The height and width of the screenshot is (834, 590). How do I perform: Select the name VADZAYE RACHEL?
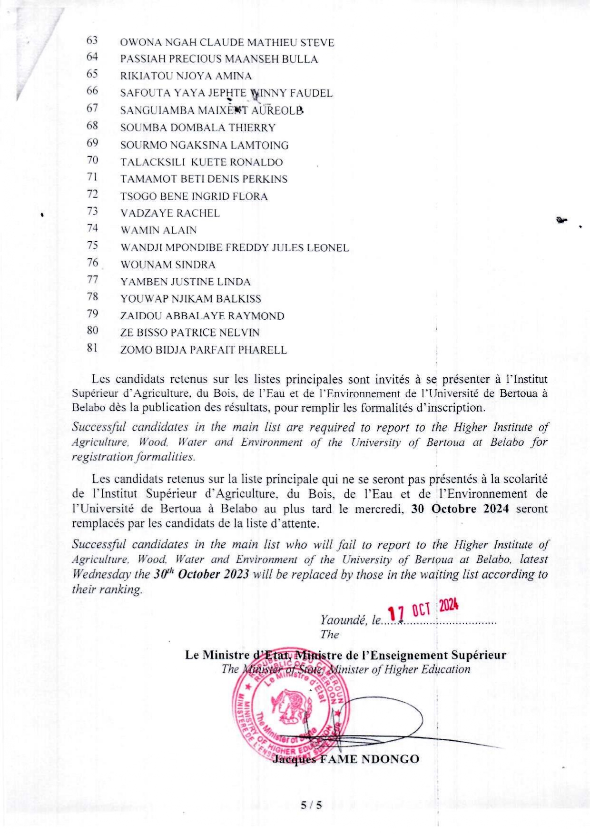[x=170, y=214]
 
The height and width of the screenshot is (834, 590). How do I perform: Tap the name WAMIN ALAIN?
[x=158, y=231]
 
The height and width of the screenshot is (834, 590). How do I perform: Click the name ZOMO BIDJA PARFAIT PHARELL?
[x=203, y=351]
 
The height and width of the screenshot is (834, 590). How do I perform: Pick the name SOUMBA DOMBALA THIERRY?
[x=197, y=128]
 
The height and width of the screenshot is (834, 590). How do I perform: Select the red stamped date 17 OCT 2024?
[x=423, y=609]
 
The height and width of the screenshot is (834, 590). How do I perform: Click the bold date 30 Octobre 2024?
[x=460, y=509]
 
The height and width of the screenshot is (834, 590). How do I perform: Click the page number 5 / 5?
[x=311, y=805]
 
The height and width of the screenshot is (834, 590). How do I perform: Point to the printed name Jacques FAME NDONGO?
[x=345, y=759]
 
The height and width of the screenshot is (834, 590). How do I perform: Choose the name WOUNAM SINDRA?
[x=167, y=265]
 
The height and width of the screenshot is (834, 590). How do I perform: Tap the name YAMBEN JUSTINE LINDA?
[x=185, y=282]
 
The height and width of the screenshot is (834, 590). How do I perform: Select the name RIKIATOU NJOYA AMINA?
[x=186, y=76]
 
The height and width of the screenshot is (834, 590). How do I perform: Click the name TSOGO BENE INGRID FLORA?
[x=194, y=196]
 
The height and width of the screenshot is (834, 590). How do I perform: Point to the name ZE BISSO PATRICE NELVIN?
[x=190, y=333]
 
